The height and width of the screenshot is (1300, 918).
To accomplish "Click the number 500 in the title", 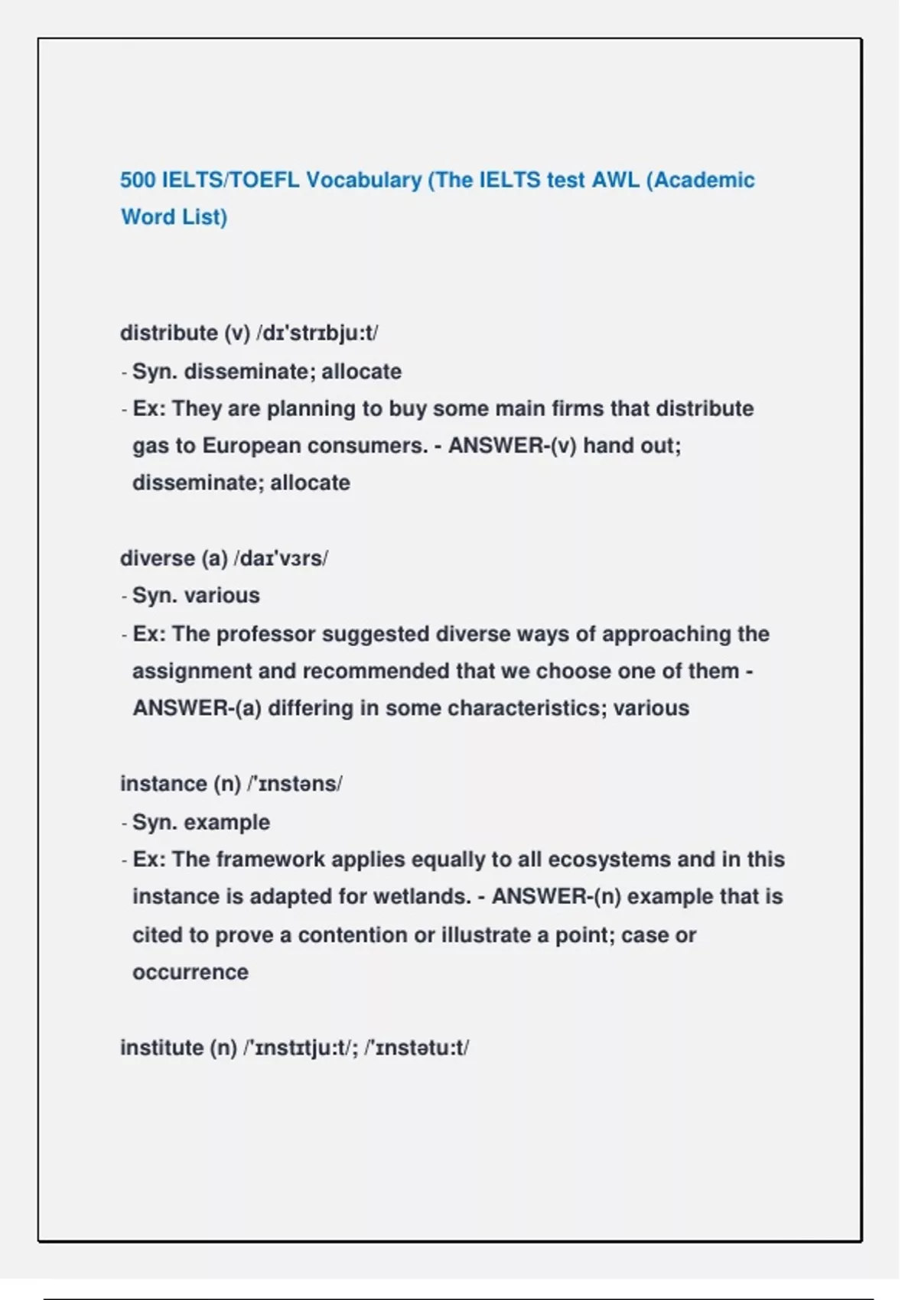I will coord(138,180).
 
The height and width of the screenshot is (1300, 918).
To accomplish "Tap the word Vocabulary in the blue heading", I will coord(363,180).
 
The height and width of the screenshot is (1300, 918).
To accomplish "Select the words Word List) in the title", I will coord(174,217).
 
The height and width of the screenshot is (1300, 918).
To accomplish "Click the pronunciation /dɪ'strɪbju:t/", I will coord(317,333).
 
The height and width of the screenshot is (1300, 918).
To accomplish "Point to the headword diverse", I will coord(157,558).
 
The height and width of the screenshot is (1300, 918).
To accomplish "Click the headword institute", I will coord(161,1048).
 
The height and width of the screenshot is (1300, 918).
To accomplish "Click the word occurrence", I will coord(190,972).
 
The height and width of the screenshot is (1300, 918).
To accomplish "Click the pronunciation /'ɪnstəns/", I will coord(295,784).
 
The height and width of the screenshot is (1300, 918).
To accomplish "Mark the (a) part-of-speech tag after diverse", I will coord(215,558).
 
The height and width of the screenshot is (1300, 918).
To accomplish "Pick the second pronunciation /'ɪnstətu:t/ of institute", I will coord(417,1048).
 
